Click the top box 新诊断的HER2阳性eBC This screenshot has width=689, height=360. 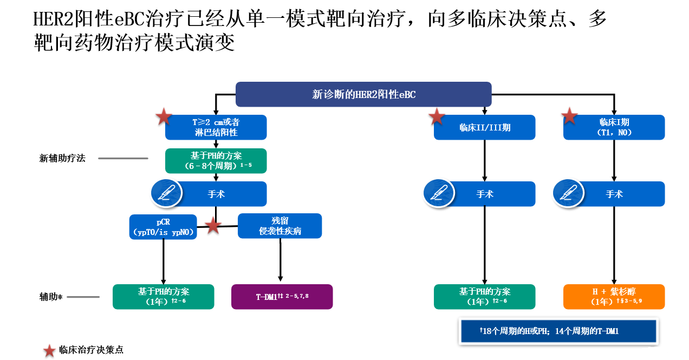(363, 94)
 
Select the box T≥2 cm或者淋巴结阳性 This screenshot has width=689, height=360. (216, 127)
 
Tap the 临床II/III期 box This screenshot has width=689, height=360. (485, 128)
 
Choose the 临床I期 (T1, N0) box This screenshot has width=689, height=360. (614, 127)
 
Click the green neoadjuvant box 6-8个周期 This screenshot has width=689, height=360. (216, 161)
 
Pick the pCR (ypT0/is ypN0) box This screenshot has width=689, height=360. (163, 226)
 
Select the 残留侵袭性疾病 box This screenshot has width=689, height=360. (280, 226)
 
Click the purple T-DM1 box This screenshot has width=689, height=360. (282, 297)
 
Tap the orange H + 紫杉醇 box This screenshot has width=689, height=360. (614, 297)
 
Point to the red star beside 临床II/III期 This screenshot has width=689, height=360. (437, 116)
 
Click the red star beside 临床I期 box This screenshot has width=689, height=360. (569, 115)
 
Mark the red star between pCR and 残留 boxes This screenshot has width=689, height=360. (213, 226)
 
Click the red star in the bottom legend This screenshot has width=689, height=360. (49, 350)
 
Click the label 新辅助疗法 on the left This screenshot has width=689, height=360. (62, 159)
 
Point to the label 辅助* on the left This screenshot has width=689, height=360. (51, 297)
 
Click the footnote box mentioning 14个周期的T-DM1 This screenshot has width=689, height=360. (558, 331)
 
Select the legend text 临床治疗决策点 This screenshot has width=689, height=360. (91, 350)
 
